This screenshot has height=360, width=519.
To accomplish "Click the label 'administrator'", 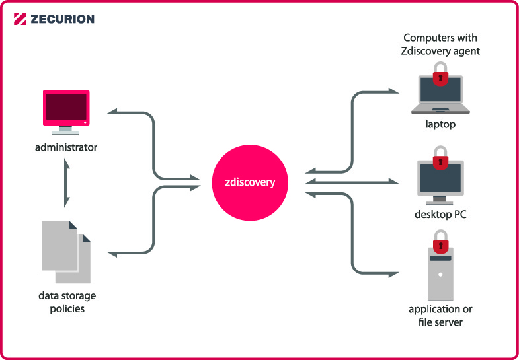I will point(66,147).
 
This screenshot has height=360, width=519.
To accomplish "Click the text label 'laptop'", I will point(440,124).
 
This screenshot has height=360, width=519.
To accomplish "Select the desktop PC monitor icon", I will point(440,182).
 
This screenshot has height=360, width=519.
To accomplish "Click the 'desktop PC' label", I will point(440,214).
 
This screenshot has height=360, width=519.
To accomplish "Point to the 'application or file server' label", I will point(440,315).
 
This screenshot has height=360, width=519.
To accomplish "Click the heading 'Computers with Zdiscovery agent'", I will point(440,44).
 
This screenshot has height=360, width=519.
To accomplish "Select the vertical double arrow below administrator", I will point(65,184).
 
